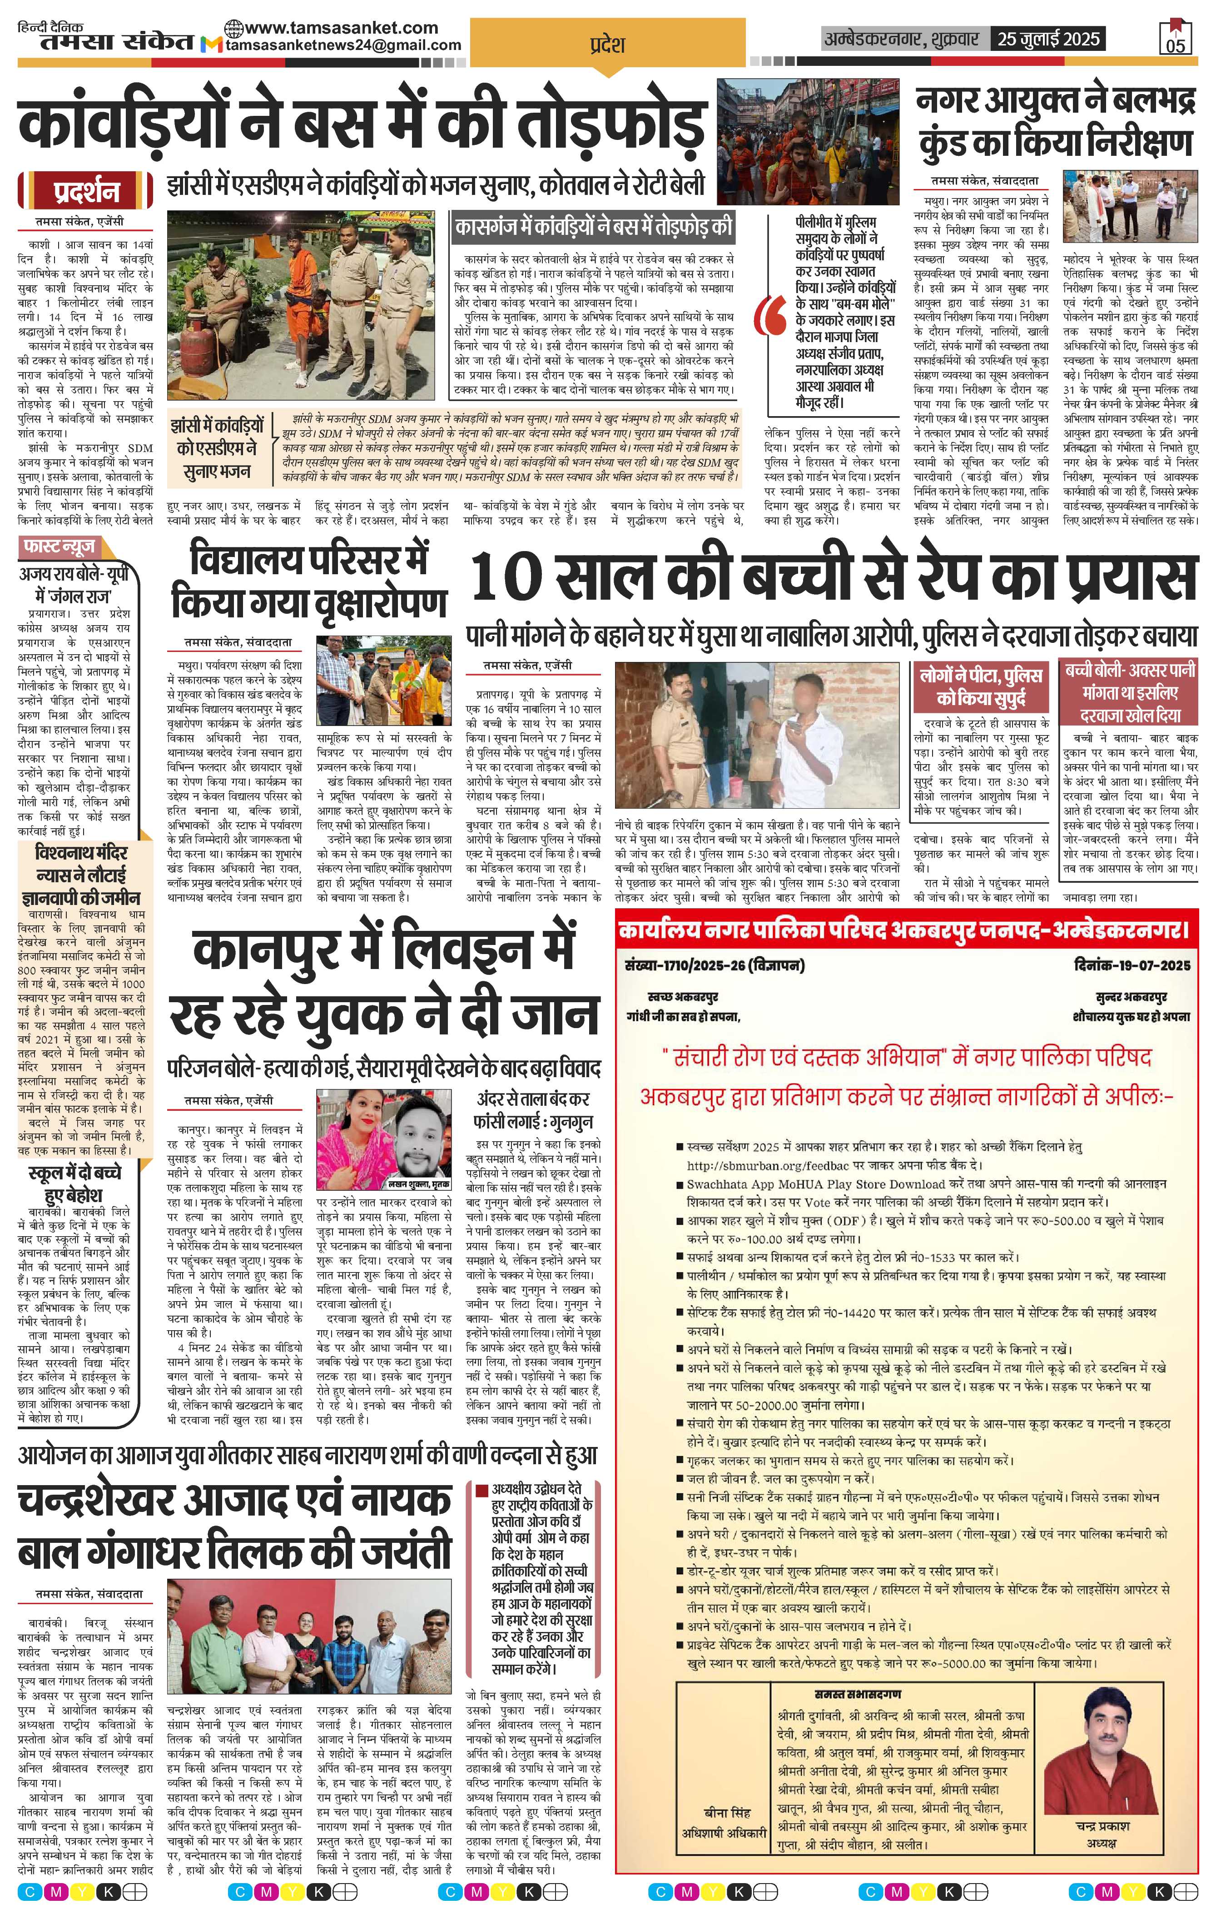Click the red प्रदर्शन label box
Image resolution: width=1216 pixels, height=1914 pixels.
(x=87, y=192)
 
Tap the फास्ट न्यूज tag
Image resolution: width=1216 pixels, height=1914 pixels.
(x=60, y=547)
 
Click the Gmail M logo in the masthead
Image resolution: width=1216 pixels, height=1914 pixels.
(x=211, y=46)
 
